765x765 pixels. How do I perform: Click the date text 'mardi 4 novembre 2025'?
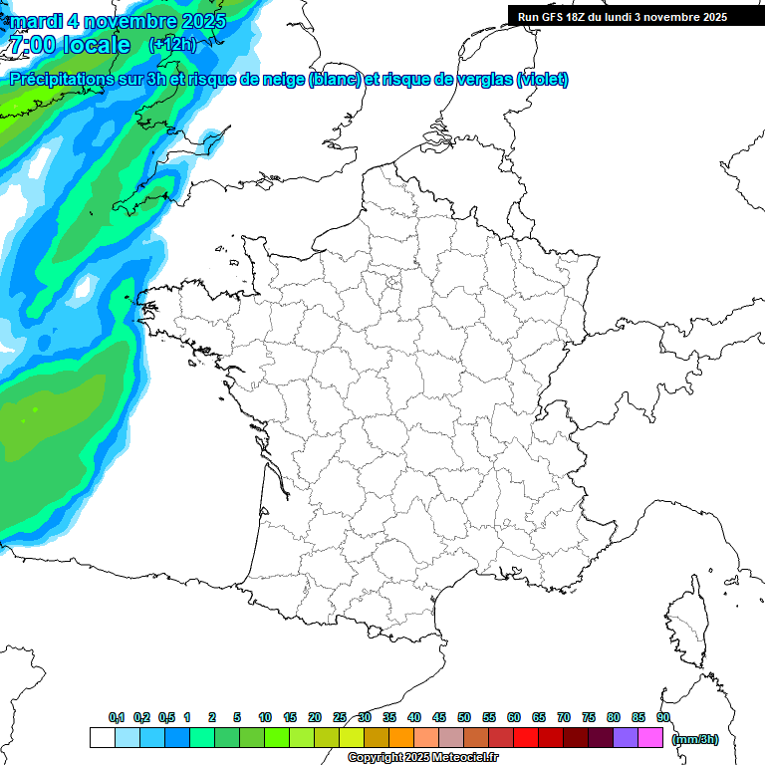(119, 20)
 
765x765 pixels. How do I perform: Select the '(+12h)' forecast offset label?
(172, 45)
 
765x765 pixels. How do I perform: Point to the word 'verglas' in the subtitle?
(481, 80)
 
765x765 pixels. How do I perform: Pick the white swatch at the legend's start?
(102, 738)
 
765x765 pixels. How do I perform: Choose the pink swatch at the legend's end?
(650, 738)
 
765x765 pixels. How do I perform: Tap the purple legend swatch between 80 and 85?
(626, 738)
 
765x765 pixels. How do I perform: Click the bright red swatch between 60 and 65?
(526, 738)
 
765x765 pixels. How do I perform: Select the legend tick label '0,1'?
(116, 717)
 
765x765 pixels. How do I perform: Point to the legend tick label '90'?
(662, 717)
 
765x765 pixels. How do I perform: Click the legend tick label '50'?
(464, 717)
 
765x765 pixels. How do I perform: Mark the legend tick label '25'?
(340, 717)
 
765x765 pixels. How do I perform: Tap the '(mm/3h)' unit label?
(695, 739)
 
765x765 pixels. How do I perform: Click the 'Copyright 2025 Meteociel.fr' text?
(422, 757)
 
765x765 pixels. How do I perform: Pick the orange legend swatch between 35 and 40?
(401, 738)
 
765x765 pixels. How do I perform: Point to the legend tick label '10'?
(265, 717)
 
